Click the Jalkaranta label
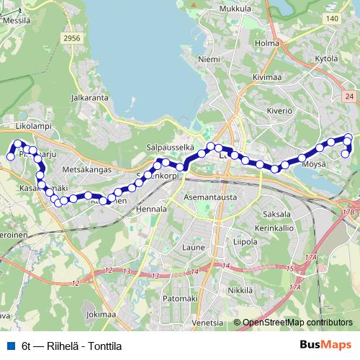click(90, 96)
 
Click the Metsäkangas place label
click(87, 170)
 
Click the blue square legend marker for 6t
click(11, 345)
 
